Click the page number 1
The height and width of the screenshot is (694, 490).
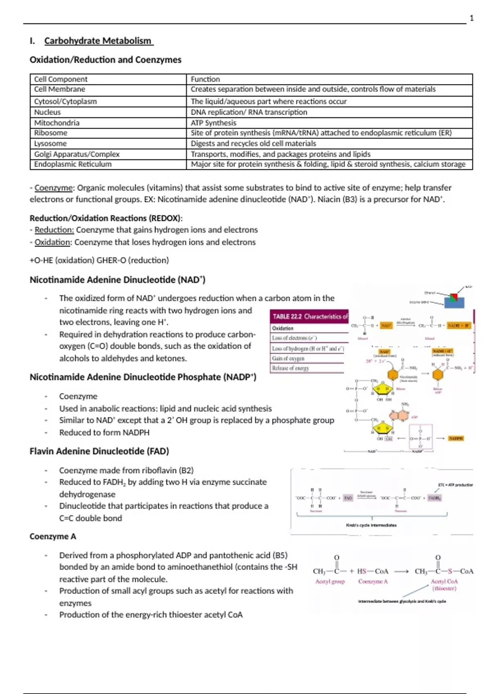[472, 18]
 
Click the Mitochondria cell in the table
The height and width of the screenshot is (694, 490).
[57, 123]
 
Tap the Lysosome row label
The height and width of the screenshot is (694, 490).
[50, 144]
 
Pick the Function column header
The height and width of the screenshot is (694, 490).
[205, 79]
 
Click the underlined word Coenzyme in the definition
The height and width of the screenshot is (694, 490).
[53, 188]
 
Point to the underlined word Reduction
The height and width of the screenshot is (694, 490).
[54, 230]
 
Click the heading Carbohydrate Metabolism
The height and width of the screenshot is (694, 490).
[98, 41]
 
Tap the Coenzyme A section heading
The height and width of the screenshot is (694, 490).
[53, 536]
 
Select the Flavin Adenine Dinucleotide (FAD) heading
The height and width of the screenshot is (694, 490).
[99, 451]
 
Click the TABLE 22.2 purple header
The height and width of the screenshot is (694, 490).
[310, 316]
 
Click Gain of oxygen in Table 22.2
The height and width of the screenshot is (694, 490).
[288, 358]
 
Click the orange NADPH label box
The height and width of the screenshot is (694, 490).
[455, 438]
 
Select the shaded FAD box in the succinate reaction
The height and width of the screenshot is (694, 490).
[348, 498]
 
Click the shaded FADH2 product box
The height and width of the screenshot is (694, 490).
[434, 498]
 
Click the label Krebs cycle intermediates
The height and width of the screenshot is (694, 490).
[371, 525]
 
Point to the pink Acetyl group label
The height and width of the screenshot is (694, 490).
[330, 582]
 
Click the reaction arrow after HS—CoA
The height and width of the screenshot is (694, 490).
[401, 572]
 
